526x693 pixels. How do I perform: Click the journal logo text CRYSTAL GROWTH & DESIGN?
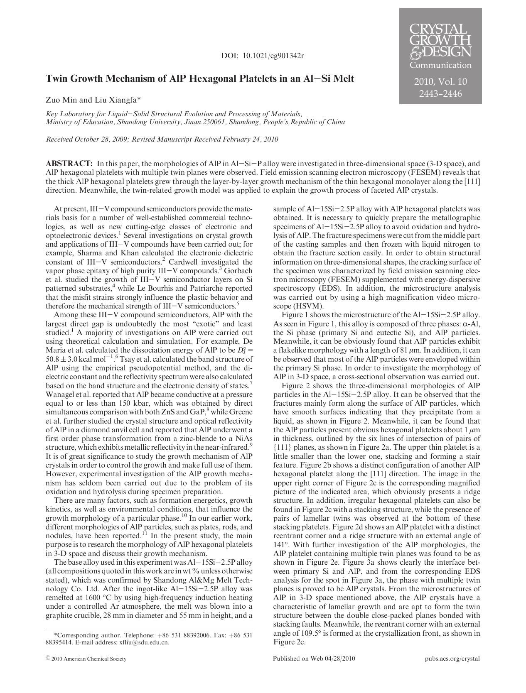(440, 40)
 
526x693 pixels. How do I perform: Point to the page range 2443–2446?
(440, 94)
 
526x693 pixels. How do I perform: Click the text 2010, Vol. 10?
(440, 81)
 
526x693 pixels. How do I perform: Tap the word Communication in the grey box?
(440, 65)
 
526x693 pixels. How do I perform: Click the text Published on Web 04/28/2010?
(314, 659)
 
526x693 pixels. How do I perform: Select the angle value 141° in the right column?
(281, 545)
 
